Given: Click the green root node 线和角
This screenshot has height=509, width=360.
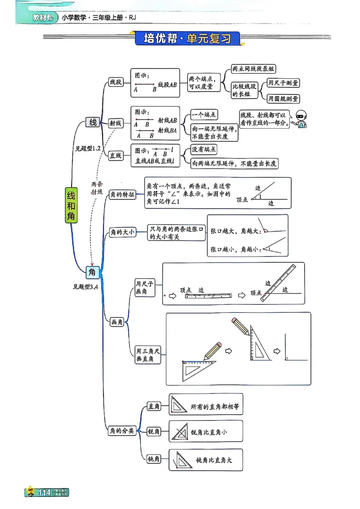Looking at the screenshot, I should (x=71, y=205).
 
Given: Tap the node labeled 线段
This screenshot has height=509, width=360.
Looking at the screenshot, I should (x=116, y=82).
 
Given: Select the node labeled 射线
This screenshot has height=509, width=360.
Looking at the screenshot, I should (x=116, y=123).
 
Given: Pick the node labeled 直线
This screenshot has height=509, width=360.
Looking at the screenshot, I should (x=116, y=156).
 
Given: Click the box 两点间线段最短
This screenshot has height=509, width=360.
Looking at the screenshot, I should (x=253, y=69).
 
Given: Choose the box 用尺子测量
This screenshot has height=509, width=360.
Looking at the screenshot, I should (x=283, y=83).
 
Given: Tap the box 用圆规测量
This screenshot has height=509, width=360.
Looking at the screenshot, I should (x=283, y=98).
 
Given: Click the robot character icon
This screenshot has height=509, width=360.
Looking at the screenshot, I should (x=297, y=119).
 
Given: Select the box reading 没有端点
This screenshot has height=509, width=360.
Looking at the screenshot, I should (x=204, y=149).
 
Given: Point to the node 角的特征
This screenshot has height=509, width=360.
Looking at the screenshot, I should (x=122, y=195).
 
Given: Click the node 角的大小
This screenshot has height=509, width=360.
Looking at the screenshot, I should (x=122, y=232).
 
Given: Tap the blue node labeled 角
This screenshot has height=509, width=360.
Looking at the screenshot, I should (x=93, y=272).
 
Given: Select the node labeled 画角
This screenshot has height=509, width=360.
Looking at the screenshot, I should (x=117, y=322).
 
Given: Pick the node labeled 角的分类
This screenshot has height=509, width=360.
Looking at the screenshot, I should (x=122, y=431).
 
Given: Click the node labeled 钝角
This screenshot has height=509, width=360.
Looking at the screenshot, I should (x=154, y=459).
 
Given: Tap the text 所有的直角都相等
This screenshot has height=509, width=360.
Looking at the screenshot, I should (x=215, y=406).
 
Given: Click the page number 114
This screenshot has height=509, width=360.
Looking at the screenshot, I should (x=45, y=493).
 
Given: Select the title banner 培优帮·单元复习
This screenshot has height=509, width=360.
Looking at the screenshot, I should (x=187, y=38).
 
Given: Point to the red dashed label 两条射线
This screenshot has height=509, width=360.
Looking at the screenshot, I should (x=97, y=188).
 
